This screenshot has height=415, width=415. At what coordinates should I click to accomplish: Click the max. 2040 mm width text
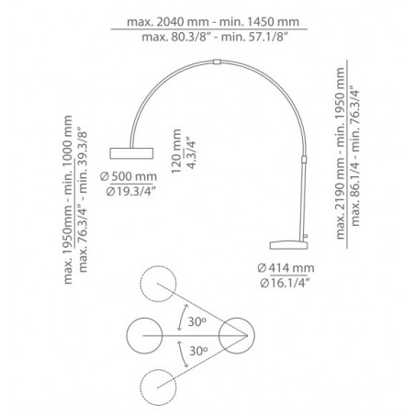point(168,22)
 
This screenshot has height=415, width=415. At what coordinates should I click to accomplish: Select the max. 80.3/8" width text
point(177,38)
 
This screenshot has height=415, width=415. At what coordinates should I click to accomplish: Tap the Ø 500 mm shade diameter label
point(129,176)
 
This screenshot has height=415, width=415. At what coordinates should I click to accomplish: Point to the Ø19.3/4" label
point(131,192)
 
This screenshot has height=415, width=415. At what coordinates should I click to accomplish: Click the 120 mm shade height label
point(176,151)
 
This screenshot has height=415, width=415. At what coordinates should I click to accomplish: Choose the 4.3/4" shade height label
point(191,152)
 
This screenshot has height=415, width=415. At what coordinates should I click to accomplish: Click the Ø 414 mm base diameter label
point(286,268)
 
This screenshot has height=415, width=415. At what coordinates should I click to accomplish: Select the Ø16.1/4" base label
point(284,283)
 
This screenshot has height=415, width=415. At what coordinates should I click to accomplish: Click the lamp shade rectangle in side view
point(131,153)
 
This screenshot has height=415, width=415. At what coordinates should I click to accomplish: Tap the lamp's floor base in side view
point(288,245)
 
